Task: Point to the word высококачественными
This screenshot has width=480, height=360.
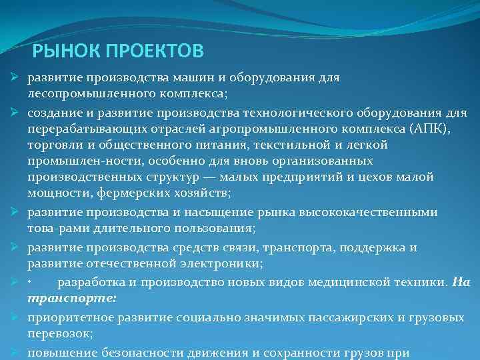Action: click(x=359, y=212)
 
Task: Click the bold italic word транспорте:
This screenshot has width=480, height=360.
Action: click(x=71, y=297)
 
